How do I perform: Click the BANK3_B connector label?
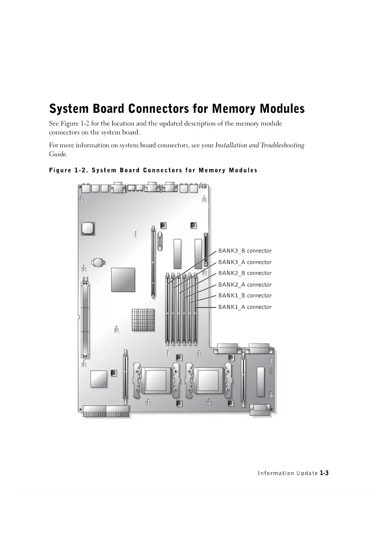pyautogui.click(x=245, y=251)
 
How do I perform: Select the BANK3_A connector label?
pyautogui.click(x=245, y=262)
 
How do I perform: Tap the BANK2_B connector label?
pyautogui.click(x=245, y=273)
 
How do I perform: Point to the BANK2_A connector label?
pyautogui.click(x=245, y=284)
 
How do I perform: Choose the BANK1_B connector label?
pyautogui.click(x=245, y=296)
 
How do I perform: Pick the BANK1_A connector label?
pyautogui.click(x=245, y=307)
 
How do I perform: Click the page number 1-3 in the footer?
pyautogui.click(x=324, y=473)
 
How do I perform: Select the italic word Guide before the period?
pyautogui.click(x=57, y=154)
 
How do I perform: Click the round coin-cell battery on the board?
pyautogui.click(x=98, y=262)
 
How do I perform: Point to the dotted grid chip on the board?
pyautogui.click(x=143, y=320)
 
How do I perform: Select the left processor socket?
pyautogui.click(x=156, y=381)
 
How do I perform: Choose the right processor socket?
pyautogui.click(x=208, y=381)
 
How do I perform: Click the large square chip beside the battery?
pyautogui.click(x=123, y=280)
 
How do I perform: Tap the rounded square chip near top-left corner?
pyautogui.click(x=88, y=228)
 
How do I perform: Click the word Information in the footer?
pyautogui.click(x=276, y=473)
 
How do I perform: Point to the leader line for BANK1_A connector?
pyautogui.click(x=206, y=307)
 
